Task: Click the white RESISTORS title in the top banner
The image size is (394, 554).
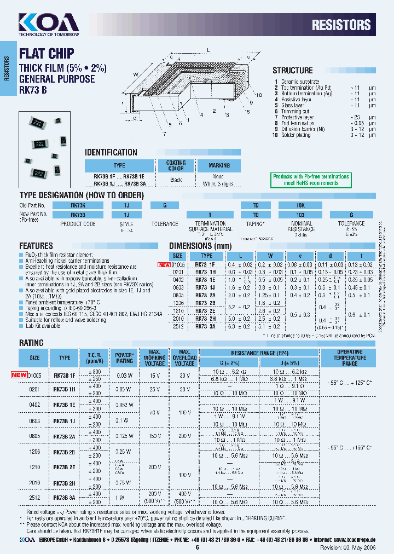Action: tap(341, 25)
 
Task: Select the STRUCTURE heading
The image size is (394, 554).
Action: tap(293, 71)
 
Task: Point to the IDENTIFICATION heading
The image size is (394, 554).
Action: tap(111, 153)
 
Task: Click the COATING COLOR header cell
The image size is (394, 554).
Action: tap(176, 165)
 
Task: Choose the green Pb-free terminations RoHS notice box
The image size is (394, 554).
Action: tap(311, 180)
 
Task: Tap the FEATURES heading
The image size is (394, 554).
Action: tap(36, 246)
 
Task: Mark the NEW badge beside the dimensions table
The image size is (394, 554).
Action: tap(164, 264)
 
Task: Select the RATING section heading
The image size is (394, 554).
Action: tap(31, 343)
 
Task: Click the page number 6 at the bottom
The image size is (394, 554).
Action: tap(197, 547)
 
